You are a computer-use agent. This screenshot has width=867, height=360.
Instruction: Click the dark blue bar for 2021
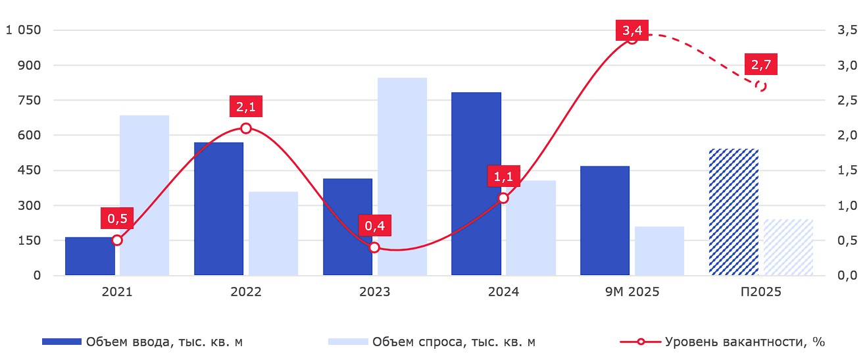click(x=89, y=256)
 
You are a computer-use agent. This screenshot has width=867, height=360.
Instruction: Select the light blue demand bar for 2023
click(x=402, y=176)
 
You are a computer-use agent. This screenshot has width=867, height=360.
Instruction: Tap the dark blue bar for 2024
click(x=476, y=184)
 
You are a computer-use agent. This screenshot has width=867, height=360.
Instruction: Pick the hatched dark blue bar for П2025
click(x=733, y=212)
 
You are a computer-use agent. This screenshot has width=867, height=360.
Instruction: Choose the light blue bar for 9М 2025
click(x=659, y=251)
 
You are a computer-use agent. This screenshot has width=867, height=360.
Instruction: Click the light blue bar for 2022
click(x=273, y=233)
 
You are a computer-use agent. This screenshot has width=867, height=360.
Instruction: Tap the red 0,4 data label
click(x=375, y=226)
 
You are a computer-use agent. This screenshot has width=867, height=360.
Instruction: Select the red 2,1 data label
click(x=246, y=107)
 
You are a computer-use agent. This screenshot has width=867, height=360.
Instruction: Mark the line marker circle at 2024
click(x=503, y=198)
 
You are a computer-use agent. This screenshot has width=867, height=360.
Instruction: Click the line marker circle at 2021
click(x=117, y=240)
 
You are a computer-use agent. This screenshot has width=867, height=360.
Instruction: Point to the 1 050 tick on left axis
click(x=23, y=30)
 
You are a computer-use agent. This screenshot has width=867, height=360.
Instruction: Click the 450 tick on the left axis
click(x=28, y=170)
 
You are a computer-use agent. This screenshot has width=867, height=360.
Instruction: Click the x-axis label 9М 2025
click(x=632, y=292)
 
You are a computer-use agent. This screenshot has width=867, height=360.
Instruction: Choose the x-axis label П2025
click(x=760, y=292)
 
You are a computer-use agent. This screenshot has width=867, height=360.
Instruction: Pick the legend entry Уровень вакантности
click(x=722, y=342)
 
